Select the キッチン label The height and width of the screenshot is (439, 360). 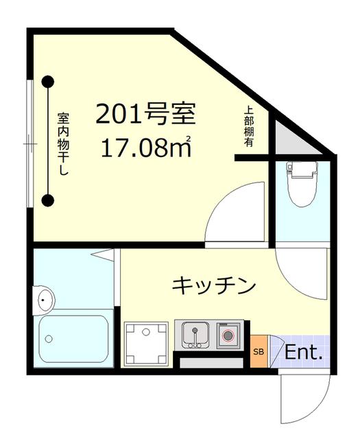[x=214, y=284]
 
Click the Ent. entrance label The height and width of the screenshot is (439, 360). [x=303, y=353]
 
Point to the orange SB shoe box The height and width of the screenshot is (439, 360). [x=259, y=352]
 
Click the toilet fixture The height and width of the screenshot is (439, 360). [x=300, y=184]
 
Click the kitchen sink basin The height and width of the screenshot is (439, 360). [x=195, y=335]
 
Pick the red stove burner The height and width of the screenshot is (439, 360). [x=228, y=335]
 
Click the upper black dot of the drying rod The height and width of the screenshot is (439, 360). [x=47, y=82]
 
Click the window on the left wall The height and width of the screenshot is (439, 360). [x=28, y=143]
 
